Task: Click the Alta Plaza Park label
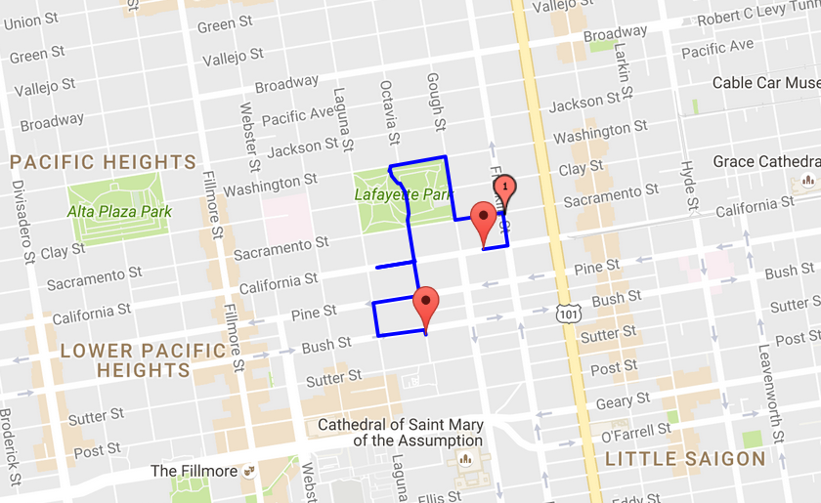tap(119, 211)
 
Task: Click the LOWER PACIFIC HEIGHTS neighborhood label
tap(125, 360)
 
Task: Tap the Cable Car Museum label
tap(765, 83)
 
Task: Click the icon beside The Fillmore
tap(249, 472)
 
